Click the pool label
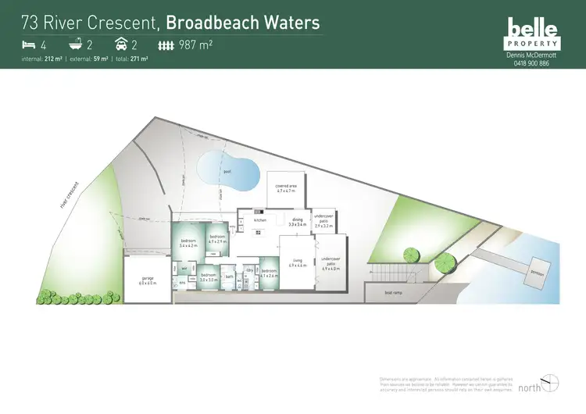[x=227, y=170]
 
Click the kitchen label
[x=260, y=220]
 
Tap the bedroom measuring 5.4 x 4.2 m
[x=188, y=243]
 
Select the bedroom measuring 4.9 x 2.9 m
[x=217, y=238]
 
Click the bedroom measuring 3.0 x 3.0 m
[x=208, y=277]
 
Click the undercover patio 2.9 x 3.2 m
[x=323, y=223]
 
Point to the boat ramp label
[x=394, y=293]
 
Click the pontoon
[x=537, y=273]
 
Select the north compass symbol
[x=552, y=382]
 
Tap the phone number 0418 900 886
[x=532, y=63]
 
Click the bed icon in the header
[x=28, y=45]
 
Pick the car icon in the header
[x=123, y=45]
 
